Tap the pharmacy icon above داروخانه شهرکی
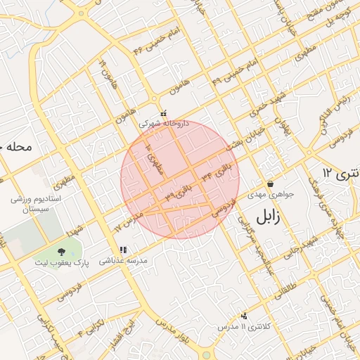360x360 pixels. point(164,113)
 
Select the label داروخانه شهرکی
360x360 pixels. point(164,123)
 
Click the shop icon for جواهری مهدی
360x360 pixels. point(270,184)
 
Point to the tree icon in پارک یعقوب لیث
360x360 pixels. point(61,251)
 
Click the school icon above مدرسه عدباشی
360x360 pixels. point(124,250)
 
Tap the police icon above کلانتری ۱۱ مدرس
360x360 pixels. point(244,316)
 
